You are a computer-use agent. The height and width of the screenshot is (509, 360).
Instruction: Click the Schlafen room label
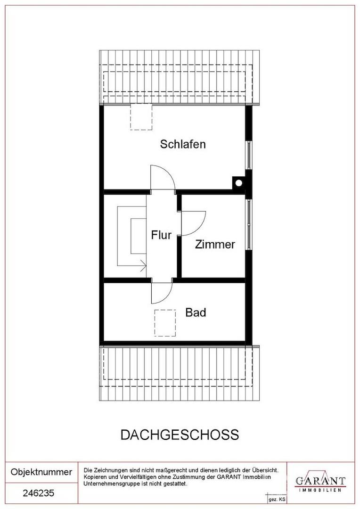(183, 144)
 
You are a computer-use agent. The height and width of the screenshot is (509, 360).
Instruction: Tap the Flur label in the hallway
(161, 235)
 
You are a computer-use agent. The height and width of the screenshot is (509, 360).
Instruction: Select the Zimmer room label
(215, 245)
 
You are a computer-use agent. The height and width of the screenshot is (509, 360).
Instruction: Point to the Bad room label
(196, 312)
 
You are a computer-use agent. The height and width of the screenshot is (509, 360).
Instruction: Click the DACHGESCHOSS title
(180, 435)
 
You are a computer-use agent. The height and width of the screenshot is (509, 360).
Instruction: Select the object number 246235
(39, 493)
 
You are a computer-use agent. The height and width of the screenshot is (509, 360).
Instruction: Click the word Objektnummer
(41, 472)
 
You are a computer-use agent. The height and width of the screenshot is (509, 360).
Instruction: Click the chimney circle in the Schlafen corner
(239, 183)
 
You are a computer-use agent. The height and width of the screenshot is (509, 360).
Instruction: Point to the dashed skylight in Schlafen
(141, 118)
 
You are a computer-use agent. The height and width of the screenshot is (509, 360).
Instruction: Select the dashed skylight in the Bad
(165, 323)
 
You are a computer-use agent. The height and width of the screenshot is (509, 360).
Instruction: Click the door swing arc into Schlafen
(163, 177)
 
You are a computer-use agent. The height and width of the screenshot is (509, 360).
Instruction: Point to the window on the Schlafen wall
(249, 155)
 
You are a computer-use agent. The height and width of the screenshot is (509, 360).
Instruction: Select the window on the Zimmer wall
(249, 224)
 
